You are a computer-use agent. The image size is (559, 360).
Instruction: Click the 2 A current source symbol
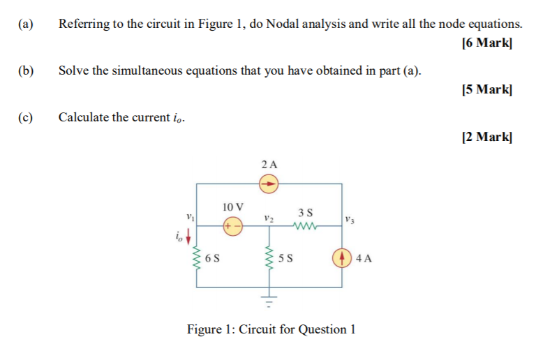269,184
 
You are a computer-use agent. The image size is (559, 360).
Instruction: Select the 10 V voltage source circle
233,226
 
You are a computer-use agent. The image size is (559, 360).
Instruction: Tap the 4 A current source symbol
342,257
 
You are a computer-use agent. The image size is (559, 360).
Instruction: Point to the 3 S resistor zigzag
304,226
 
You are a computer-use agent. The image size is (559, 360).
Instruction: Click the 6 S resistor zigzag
196,257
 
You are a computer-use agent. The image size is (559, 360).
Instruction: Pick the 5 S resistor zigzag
269,257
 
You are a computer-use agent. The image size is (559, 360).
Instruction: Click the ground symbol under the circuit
269,301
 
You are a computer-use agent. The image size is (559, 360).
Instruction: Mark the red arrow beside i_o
188,237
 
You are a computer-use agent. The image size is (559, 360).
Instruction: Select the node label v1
191,217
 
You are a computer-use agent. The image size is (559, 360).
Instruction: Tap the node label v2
269,218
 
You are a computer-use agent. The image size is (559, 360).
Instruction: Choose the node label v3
350,220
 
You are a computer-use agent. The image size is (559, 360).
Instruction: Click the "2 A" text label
269,165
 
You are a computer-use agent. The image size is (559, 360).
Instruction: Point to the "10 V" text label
233,207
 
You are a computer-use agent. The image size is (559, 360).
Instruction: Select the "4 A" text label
364,258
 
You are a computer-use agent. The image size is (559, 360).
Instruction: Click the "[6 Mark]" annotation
487,43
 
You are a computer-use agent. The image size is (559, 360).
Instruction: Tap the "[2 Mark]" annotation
487,137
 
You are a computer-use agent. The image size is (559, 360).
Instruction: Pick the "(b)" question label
26,70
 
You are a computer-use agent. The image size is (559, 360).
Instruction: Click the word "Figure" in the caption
204,329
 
